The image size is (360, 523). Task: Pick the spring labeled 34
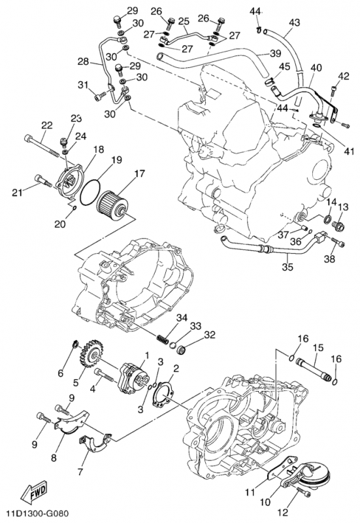click(x=164, y=339)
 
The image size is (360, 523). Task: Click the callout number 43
click(x=294, y=23)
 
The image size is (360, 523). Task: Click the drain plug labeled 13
click(x=340, y=226)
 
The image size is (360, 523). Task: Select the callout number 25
click(x=183, y=21)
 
